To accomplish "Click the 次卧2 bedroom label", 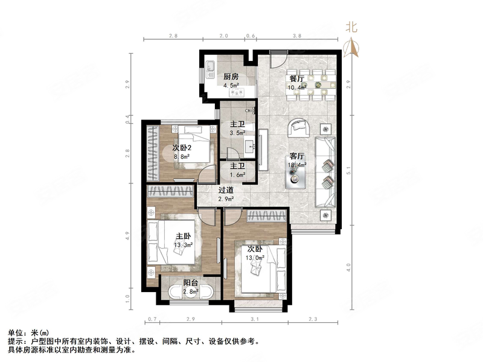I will [182, 148].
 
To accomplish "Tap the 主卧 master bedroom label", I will [184, 236].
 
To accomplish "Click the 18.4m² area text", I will [298, 164].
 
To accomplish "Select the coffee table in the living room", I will [296, 171].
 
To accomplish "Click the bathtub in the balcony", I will [190, 294].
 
